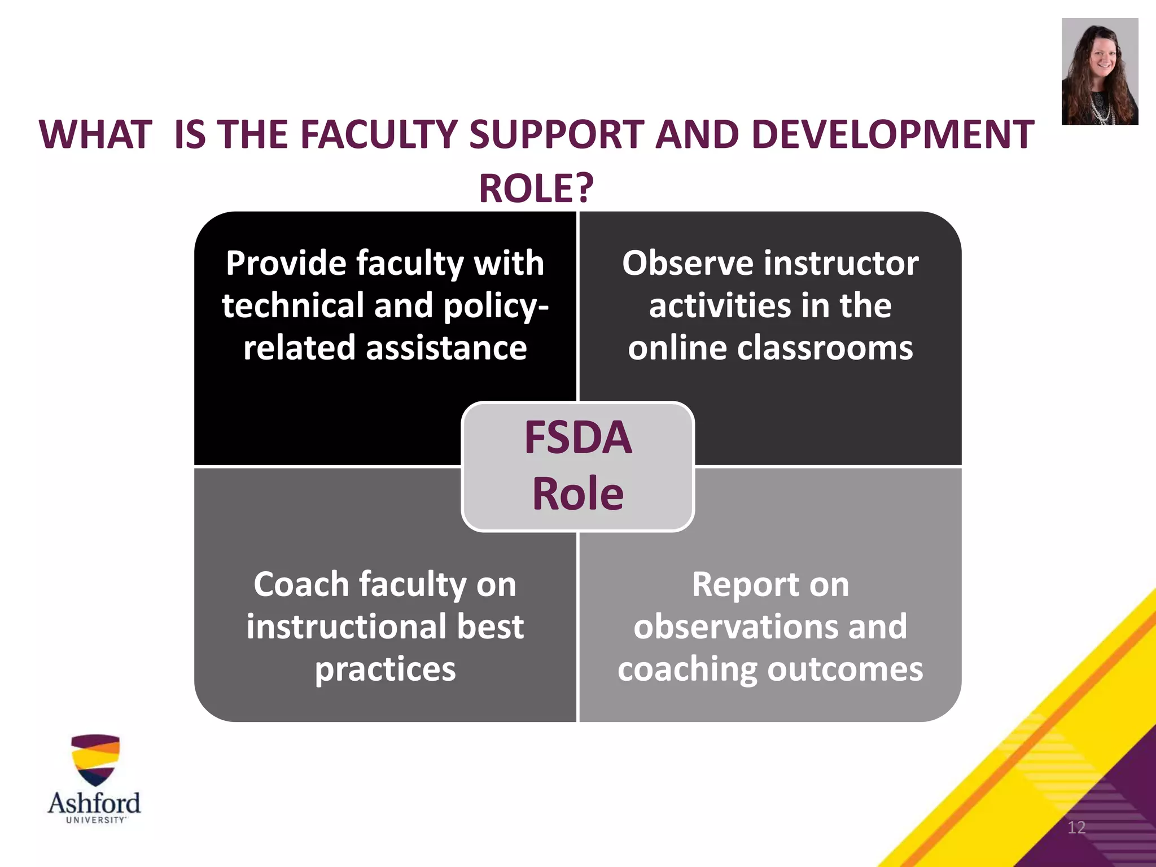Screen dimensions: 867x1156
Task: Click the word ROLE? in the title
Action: [x=536, y=188]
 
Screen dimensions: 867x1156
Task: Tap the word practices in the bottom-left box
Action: [x=385, y=669]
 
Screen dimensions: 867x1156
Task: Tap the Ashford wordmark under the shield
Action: [x=94, y=802]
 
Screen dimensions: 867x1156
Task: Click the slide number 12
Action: [x=1076, y=827]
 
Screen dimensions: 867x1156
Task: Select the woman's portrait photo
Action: [x=1100, y=71]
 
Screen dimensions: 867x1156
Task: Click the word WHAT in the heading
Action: [x=96, y=135]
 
